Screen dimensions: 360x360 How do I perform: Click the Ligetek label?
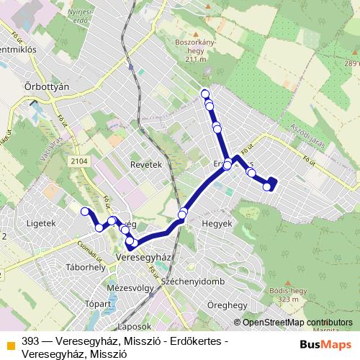coord(40,223)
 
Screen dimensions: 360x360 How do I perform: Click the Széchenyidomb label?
coord(194,279)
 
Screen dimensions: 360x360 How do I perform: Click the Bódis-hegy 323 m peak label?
coord(279,294)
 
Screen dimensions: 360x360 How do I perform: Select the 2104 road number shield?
coord(79,162)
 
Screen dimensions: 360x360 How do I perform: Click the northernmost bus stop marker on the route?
coord(205,93)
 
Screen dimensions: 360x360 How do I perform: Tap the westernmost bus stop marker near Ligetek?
coord(85,212)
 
